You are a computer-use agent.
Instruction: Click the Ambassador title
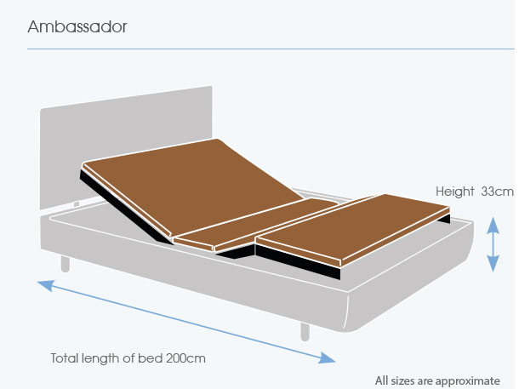(77, 26)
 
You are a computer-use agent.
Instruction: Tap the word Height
(455, 192)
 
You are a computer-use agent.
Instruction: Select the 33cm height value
(497, 192)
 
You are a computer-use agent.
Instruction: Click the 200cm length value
(185, 358)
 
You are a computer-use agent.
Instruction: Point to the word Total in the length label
(65, 358)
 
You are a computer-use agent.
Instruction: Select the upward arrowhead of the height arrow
(493, 225)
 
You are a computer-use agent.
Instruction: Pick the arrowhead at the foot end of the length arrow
(327, 358)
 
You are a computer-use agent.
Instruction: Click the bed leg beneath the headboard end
(66, 264)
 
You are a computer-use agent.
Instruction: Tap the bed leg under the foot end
(305, 332)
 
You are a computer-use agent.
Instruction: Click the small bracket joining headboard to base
(77, 204)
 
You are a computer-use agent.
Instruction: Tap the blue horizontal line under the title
(271, 49)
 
